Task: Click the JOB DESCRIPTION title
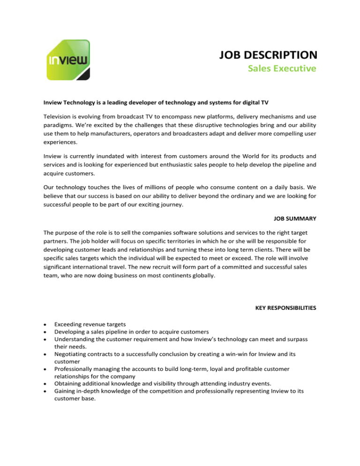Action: click(268, 55)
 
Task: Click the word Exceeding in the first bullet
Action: click(70, 323)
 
